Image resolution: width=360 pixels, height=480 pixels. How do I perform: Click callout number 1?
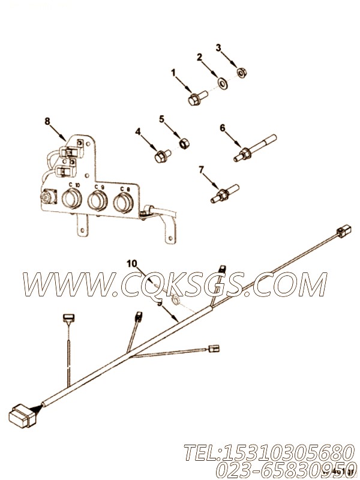173,73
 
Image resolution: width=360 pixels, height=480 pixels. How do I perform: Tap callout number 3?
218,47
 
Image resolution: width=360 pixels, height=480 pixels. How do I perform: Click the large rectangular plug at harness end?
20,415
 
